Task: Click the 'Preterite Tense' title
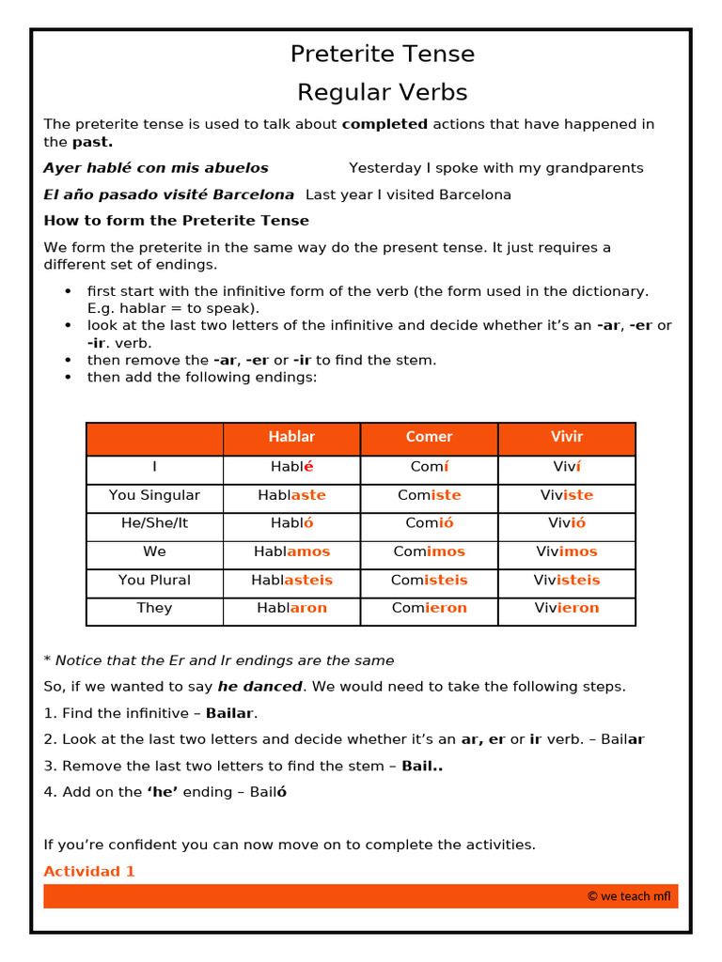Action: [382, 54]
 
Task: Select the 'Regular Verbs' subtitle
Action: [382, 93]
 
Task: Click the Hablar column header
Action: [291, 437]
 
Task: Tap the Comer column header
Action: [429, 437]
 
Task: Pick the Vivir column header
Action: [567, 437]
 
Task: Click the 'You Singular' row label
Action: [154, 495]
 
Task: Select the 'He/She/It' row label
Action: [154, 523]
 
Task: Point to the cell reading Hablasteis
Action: [291, 581]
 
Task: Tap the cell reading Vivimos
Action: [567, 551]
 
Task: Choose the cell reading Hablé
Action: [291, 467]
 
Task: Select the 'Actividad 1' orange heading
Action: [89, 872]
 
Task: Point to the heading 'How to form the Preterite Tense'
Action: [176, 221]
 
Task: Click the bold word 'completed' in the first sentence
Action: [385, 124]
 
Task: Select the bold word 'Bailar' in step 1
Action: [229, 713]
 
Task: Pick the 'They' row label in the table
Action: [154, 608]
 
